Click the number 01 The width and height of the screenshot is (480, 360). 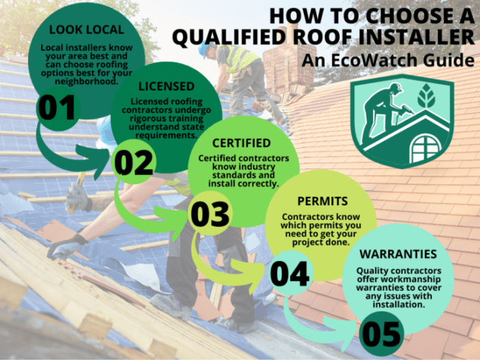tap(57, 108)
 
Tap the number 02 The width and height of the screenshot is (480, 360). tap(133, 163)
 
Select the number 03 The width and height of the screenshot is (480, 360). tap(209, 215)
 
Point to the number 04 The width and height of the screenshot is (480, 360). tap(291, 274)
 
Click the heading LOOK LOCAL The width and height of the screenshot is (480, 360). tap(86, 30)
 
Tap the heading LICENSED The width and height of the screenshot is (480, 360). tap(166, 87)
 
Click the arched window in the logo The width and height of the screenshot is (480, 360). tap(426, 148)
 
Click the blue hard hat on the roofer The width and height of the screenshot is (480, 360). tap(204, 49)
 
